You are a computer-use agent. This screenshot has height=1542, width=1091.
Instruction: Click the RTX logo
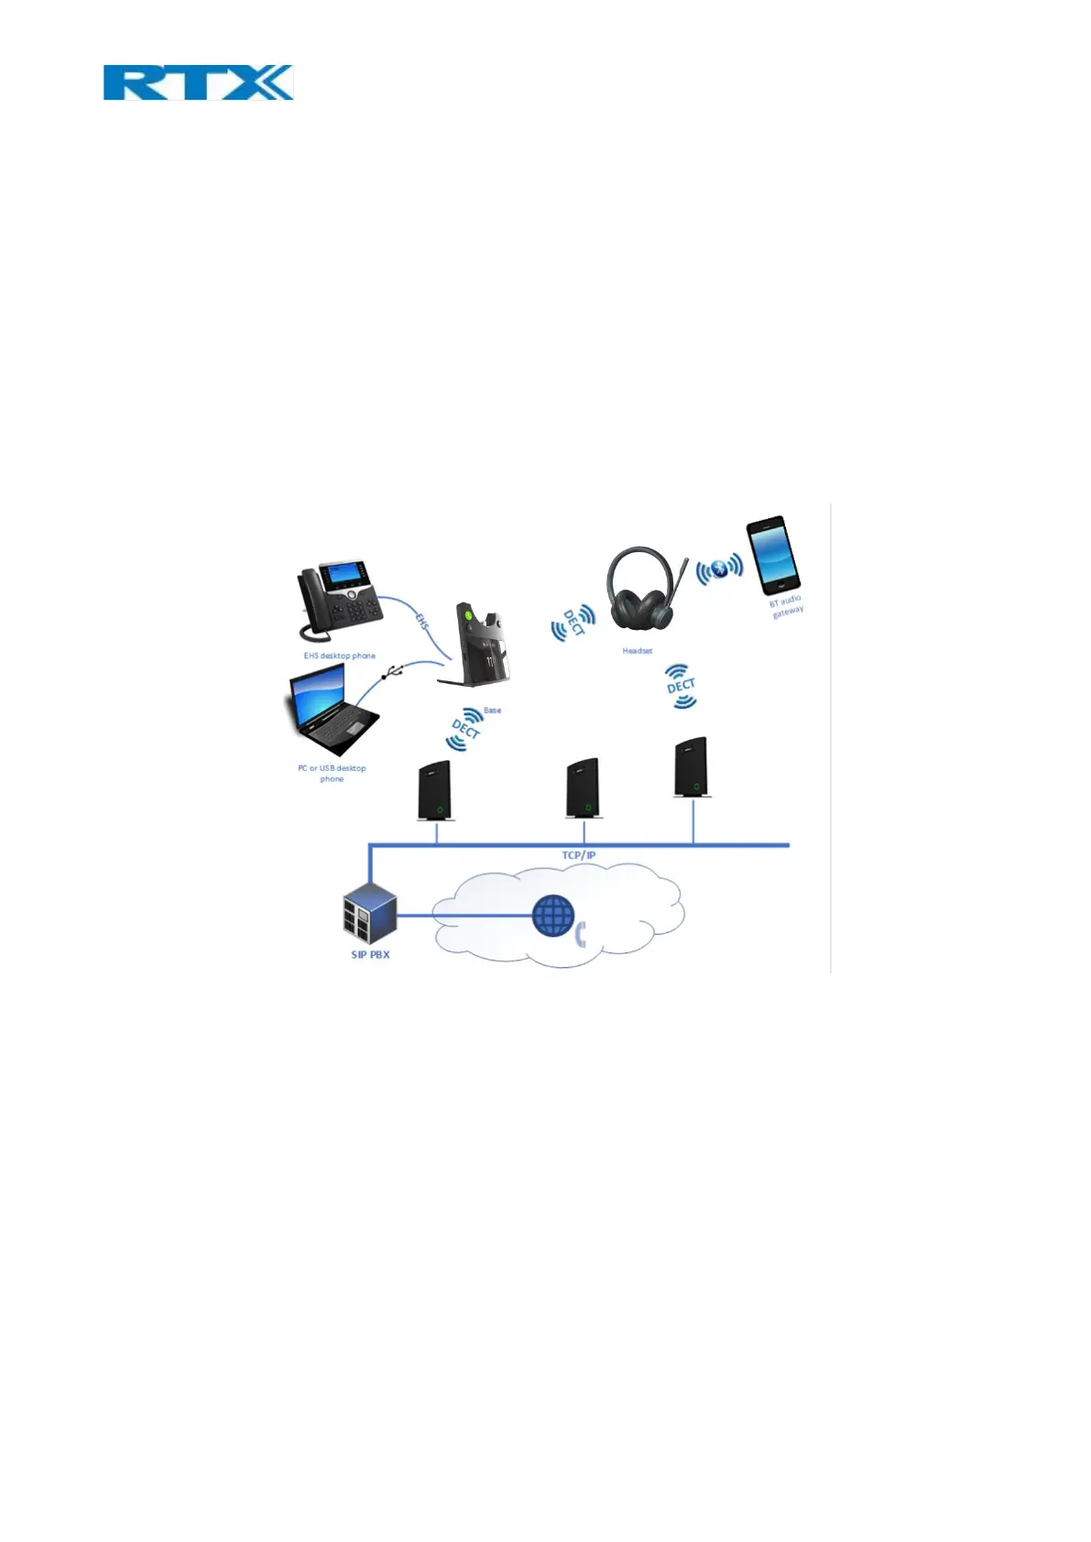click(198, 82)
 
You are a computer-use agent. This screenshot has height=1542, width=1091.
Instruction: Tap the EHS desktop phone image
click(338, 601)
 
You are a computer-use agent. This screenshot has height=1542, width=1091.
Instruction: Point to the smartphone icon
click(772, 555)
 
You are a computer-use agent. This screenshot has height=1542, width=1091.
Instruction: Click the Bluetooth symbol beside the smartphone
click(719, 570)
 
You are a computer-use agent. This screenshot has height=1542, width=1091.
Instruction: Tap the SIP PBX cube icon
click(370, 913)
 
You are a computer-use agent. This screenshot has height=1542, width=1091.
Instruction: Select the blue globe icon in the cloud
click(554, 915)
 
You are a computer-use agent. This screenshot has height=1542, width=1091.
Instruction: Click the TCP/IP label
click(579, 855)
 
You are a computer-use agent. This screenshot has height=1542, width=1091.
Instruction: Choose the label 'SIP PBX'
click(370, 954)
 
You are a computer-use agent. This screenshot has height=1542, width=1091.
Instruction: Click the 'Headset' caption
click(638, 651)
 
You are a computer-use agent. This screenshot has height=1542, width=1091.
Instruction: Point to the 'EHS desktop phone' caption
click(340, 656)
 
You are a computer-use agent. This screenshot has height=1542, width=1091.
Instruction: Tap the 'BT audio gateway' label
click(786, 606)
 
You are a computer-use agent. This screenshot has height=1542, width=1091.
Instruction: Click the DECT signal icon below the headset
click(681, 687)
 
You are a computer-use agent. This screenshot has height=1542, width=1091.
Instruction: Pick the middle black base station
click(583, 788)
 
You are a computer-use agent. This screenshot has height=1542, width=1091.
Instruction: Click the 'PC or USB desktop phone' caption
click(332, 773)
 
